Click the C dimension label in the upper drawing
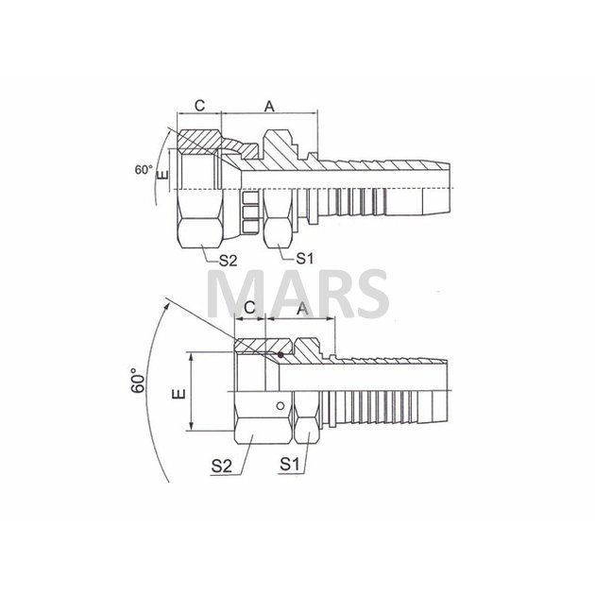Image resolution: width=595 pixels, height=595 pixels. coord(199,105)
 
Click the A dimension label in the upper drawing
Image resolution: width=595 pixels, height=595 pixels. coord(269,107)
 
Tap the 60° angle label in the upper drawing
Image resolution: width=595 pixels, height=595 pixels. coord(144,170)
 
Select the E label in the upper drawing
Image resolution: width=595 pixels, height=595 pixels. coord(162,176)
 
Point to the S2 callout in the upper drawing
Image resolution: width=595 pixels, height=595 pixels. coord(228,261)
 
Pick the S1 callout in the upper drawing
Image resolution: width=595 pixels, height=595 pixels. coord(305,259)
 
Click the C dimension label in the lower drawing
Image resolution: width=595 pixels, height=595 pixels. coord(249,307)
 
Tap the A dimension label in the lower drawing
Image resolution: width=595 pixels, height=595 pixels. coord(303,309)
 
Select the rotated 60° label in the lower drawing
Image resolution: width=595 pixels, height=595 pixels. coord(139,381)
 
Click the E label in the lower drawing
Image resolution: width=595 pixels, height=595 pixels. coord(178,394)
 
